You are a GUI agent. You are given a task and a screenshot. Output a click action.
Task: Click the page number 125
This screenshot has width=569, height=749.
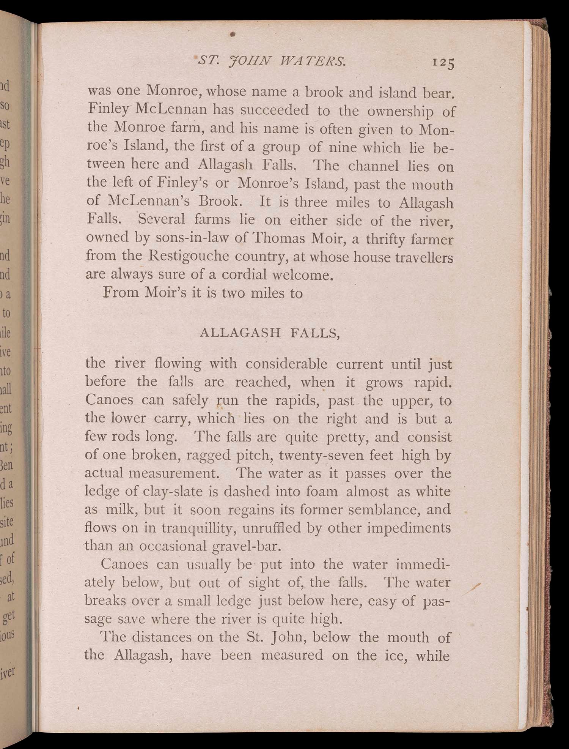[x=443, y=63]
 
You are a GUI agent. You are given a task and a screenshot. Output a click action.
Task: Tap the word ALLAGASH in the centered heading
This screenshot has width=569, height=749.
[x=239, y=333]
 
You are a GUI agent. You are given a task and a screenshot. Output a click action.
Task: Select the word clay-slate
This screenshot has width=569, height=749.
[x=176, y=492]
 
